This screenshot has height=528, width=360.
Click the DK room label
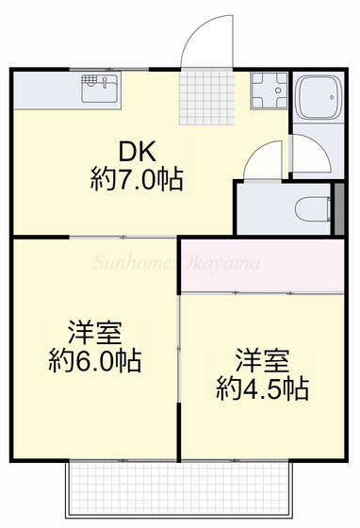tap(137, 152)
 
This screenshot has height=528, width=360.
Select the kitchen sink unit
tap(98, 90)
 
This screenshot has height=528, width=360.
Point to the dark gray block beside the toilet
tap(339, 208)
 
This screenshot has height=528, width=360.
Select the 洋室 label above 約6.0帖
tap(94, 333)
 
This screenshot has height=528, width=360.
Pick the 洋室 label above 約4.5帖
tap(262, 360)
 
